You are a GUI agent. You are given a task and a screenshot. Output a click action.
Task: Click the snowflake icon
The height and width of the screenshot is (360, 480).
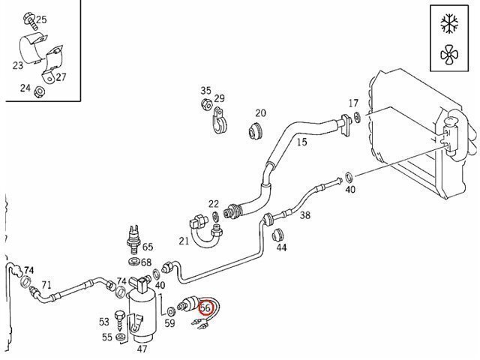(x=449, y=24)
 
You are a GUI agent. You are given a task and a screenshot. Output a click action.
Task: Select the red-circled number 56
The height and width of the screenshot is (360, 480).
(x=206, y=307)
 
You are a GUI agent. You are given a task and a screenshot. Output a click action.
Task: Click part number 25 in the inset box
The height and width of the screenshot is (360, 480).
(x=40, y=19)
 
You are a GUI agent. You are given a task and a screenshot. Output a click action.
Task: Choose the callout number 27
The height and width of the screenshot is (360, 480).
(x=61, y=77)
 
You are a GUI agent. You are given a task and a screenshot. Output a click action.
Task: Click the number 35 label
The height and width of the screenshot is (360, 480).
(x=206, y=91)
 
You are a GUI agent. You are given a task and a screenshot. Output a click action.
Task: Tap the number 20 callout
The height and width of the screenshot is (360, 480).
(x=260, y=114)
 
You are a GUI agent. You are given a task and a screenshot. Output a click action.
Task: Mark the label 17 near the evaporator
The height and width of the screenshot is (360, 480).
(x=354, y=103)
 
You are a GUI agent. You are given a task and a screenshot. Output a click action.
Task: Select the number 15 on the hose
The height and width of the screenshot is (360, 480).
(x=301, y=141)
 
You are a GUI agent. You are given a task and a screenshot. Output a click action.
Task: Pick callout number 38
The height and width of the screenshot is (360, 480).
(x=305, y=215)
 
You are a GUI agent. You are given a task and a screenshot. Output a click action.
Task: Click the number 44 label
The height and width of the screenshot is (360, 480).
(x=281, y=247)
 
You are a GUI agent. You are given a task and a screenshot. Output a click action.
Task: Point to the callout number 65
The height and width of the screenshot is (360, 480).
(x=148, y=247)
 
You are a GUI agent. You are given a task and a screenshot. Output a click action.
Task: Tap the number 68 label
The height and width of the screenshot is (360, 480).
(x=145, y=262)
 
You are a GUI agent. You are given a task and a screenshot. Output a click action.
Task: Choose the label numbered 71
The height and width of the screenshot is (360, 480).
(x=46, y=285)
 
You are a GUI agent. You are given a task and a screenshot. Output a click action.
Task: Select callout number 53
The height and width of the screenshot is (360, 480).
(x=104, y=322)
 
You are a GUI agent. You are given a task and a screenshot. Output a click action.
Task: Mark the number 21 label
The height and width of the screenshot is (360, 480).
(x=184, y=240)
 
